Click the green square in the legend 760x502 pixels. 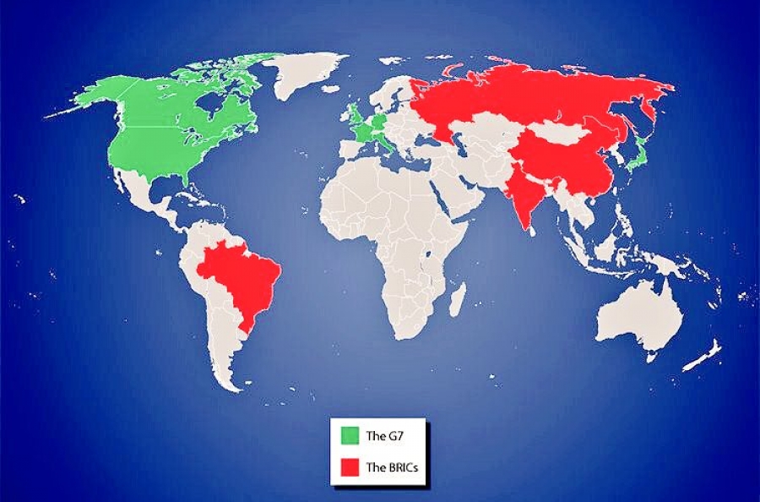coord(350,436)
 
